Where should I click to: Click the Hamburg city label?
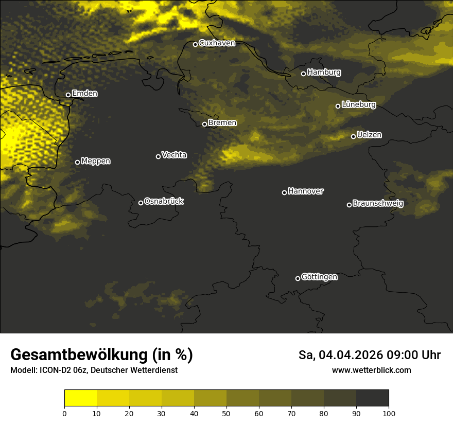(x=324, y=73)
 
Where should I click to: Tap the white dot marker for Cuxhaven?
(x=195, y=44)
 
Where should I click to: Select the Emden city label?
(x=84, y=94)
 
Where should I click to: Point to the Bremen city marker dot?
(x=204, y=124)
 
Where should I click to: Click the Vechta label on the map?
(x=174, y=155)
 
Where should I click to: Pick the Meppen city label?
(x=95, y=161)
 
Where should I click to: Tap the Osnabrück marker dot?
(x=141, y=203)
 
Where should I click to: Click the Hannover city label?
(x=305, y=191)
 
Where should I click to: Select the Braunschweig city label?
(x=378, y=204)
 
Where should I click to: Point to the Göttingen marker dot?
(x=298, y=278)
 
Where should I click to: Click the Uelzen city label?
(x=369, y=135)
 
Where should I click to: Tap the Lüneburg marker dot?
(x=338, y=106)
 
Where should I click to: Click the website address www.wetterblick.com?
(x=371, y=370)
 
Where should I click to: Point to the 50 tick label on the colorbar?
(x=226, y=413)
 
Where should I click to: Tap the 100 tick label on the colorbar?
(x=389, y=413)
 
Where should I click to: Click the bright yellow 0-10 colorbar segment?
(x=80, y=398)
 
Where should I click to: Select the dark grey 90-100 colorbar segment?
(x=372, y=398)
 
